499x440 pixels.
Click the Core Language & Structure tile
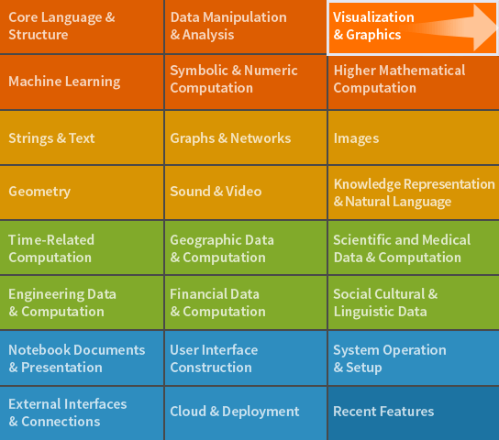[82, 27]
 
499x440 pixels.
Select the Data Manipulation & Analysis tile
[245, 27]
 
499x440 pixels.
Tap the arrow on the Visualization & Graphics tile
[452, 27]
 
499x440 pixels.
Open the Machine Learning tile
[82, 82]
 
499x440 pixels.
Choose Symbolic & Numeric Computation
[245, 82]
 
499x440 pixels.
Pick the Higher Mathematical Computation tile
[414, 82]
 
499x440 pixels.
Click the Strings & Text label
[51, 138]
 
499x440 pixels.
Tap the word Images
[356, 138]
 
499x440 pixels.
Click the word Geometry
[39, 192]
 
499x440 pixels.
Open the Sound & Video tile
[245, 192]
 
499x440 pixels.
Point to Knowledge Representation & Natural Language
[414, 192]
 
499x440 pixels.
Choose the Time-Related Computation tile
[82, 247]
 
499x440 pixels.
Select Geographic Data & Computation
[245, 247]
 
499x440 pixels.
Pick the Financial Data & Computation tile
[245, 302]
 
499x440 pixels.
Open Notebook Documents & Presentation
[82, 358]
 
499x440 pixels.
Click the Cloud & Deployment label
[235, 412]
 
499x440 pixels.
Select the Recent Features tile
[414, 413]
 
